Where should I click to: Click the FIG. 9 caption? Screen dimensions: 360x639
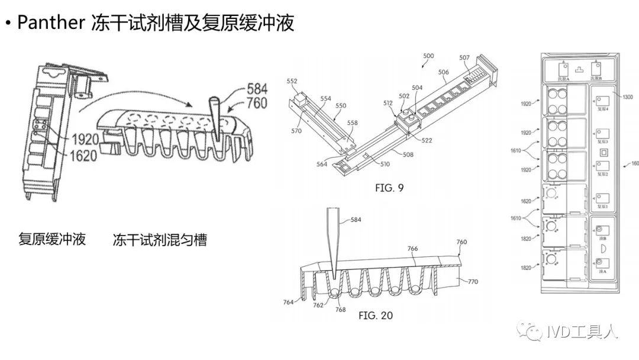pyautogui.click(x=389, y=189)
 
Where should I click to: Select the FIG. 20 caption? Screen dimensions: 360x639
pyautogui.click(x=375, y=316)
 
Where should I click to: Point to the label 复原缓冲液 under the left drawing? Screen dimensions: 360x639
pyautogui.click(x=52, y=239)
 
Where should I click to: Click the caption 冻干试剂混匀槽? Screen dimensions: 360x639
pyautogui.click(x=160, y=240)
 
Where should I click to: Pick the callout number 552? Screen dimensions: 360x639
pyautogui.click(x=292, y=81)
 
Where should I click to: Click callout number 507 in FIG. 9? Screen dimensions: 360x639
pyautogui.click(x=464, y=58)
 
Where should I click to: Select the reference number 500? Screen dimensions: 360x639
pyautogui.click(x=428, y=56)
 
